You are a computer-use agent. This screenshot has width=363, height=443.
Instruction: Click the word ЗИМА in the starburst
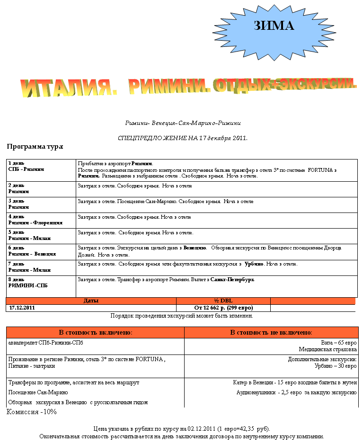[x=274, y=26]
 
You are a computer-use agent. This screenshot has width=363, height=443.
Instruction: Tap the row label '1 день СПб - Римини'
[x=27, y=166]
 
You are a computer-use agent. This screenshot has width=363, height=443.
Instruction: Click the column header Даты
[x=91, y=301]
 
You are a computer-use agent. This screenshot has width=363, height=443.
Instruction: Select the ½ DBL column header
[x=223, y=301]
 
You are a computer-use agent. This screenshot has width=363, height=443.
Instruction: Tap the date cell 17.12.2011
[x=22, y=308]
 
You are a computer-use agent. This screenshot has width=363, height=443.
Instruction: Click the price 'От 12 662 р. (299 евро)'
[x=223, y=308]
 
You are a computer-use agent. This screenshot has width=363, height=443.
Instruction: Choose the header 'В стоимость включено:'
[x=95, y=332]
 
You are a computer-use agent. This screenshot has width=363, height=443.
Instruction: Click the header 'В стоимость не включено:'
[x=271, y=332]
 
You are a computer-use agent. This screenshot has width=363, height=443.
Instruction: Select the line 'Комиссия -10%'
[x=32, y=412]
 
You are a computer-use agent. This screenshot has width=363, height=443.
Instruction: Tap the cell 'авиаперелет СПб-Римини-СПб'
[x=41, y=342]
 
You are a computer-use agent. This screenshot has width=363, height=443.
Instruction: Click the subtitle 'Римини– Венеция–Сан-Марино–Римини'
[x=183, y=123]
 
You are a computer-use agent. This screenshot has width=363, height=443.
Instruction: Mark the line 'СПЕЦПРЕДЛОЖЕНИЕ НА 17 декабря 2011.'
[x=182, y=138]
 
